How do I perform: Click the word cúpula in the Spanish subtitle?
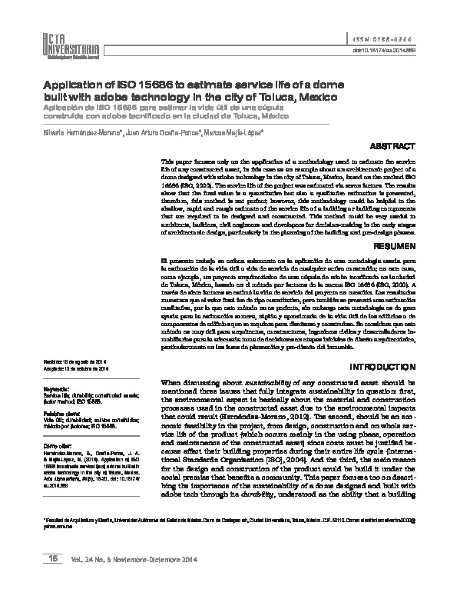pyautogui.click(x=231, y=111)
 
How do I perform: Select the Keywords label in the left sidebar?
pyautogui.click(x=59, y=389)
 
